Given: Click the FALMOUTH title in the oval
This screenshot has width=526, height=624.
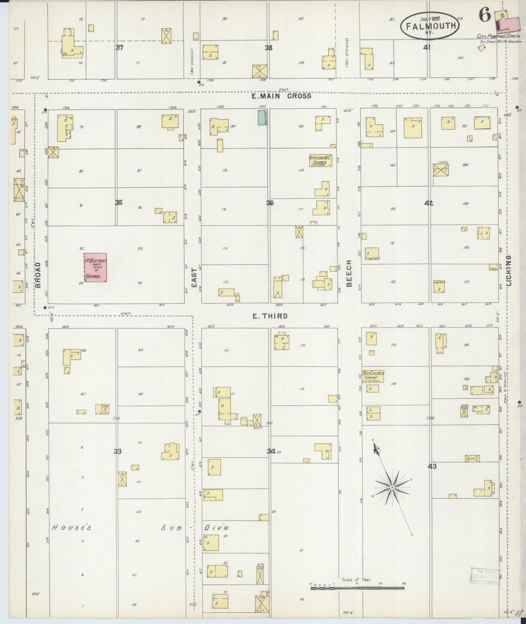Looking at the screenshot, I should coord(430,25).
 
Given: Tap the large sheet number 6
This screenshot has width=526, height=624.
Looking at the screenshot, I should coord(485,15).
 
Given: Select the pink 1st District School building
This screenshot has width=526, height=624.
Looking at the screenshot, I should coord(95,267).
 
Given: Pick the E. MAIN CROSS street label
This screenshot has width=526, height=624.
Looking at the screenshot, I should coord(281,96).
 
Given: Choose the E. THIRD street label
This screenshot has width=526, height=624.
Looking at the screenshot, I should coord(270,316).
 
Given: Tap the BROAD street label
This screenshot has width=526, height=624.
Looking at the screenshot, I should coord(38,275).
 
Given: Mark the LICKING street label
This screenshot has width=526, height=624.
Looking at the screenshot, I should coord(509,270).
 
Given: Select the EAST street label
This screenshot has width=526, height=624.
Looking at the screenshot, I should coord(194,278).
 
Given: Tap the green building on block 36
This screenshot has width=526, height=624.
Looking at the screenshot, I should coord(261,117).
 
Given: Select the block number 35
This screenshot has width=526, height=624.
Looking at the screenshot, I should coord(119,203).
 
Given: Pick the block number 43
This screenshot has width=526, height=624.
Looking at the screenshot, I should coord(432,466).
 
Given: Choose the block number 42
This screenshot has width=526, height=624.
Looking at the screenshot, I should coord(428,203).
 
